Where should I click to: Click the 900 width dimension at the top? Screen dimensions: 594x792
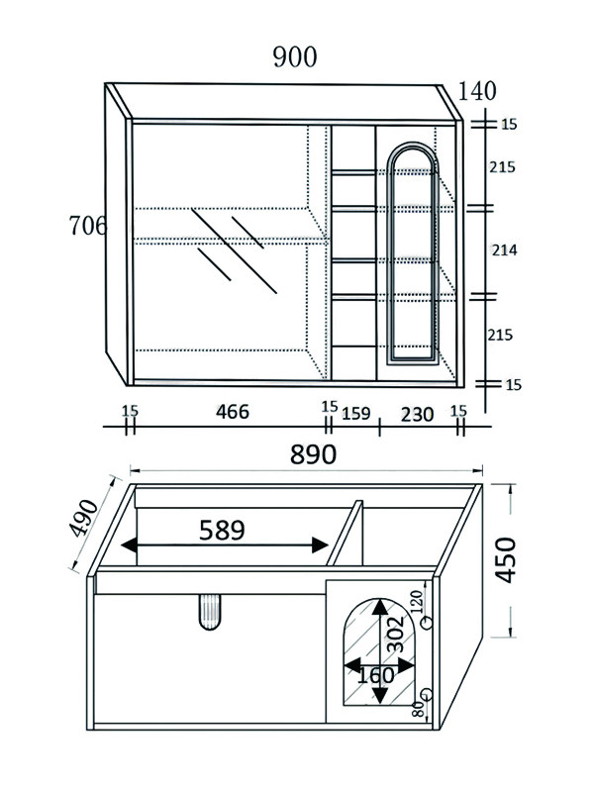[x=295, y=57]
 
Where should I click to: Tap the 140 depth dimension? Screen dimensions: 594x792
[x=477, y=91]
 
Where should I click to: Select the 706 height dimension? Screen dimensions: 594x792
[x=87, y=226]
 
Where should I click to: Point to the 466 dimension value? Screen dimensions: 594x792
[x=233, y=412]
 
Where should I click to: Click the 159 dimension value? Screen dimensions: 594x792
[x=356, y=414]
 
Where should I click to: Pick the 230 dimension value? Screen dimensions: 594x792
[x=417, y=415]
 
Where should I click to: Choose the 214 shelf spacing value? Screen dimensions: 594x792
[x=504, y=250]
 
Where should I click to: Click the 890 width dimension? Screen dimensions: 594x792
[x=313, y=454]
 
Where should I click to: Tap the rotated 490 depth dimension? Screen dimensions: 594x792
[x=83, y=519]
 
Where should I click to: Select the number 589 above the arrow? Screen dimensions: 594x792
[x=222, y=530]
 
